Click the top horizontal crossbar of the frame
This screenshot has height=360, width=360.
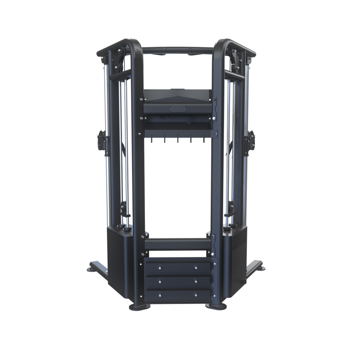(178, 51)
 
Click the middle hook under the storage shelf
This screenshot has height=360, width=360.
(178, 141)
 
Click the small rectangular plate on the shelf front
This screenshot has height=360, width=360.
(178, 109)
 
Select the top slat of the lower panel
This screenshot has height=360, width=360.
(178, 268)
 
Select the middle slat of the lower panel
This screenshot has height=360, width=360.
(178, 282)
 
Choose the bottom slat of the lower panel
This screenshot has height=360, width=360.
(178, 295)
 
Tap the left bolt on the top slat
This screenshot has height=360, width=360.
(160, 268)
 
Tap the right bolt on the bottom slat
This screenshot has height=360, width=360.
(196, 296)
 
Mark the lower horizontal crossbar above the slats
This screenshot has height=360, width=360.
(178, 244)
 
